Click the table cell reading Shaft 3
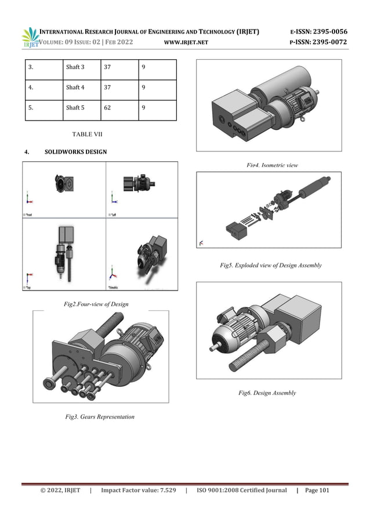pos(75,67)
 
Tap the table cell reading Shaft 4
pos(75,88)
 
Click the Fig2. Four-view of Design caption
pos(95,304)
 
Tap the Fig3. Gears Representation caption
pos(99,416)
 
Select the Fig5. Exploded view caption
pos(270,265)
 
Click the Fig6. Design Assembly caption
pos(267,393)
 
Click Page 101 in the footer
pos(317,491)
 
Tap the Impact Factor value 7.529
pos(138,491)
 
